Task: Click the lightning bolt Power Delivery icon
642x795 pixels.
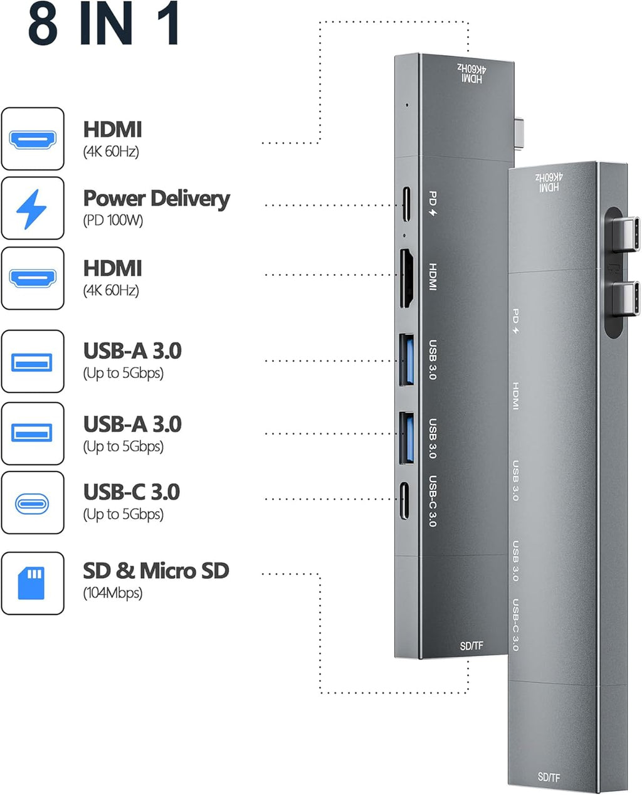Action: point(32,209)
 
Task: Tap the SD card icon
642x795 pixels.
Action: point(32,583)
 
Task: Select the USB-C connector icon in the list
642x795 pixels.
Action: point(32,503)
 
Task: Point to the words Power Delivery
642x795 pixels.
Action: point(156,199)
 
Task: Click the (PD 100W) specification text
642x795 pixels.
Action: point(113,221)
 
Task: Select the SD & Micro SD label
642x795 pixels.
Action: point(155,571)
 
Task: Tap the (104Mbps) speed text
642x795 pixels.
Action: point(113,593)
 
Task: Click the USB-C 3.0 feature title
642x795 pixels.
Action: point(132,492)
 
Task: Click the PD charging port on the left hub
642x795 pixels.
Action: point(405,205)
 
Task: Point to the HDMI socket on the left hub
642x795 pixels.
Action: point(406,278)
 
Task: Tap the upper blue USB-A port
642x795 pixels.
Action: point(406,360)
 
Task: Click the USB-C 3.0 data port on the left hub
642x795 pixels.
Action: point(405,500)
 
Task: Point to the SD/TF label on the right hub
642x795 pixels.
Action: point(549,777)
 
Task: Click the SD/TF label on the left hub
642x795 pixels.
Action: point(471,646)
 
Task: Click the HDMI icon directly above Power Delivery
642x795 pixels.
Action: point(32,139)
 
